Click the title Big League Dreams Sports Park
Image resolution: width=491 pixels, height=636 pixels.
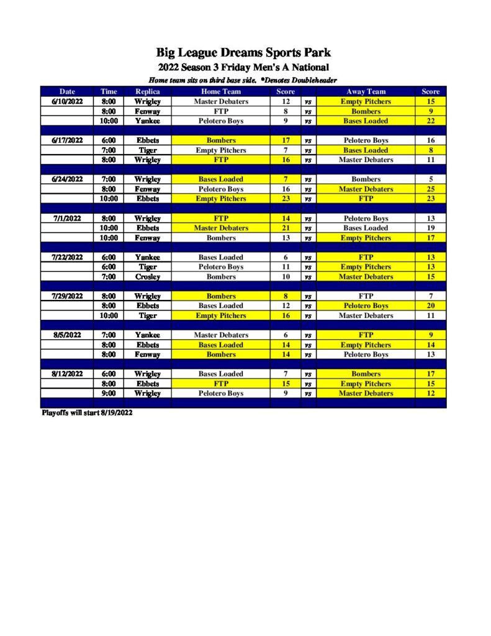[x=243, y=52]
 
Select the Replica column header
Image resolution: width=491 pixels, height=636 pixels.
[x=147, y=91]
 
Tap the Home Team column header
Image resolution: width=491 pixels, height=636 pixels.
[x=221, y=91]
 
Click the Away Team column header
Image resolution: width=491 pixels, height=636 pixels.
[x=366, y=91]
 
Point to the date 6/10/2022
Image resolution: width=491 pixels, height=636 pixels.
[x=67, y=101]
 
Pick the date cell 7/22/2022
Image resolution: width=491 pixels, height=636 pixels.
[x=67, y=257]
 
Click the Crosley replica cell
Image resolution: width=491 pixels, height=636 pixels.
[x=147, y=276]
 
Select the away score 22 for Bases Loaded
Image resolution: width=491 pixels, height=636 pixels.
[x=430, y=121]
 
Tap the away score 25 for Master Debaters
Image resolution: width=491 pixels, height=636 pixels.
[x=430, y=189]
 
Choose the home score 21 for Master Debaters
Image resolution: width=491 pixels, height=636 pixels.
[x=286, y=228]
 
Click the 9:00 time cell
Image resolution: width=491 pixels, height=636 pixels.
[x=109, y=393]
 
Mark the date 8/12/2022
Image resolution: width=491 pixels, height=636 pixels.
[x=67, y=374]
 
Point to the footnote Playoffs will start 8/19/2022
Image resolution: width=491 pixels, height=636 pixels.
[x=87, y=412]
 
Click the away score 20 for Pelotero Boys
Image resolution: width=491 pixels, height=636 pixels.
[x=430, y=306]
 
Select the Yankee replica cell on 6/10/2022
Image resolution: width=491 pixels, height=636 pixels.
[x=147, y=121]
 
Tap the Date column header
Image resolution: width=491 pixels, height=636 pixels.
[x=67, y=91]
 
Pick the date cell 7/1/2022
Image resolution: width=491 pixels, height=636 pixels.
[x=67, y=218]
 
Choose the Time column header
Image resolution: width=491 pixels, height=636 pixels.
[x=109, y=91]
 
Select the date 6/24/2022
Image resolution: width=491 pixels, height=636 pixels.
[x=67, y=179]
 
